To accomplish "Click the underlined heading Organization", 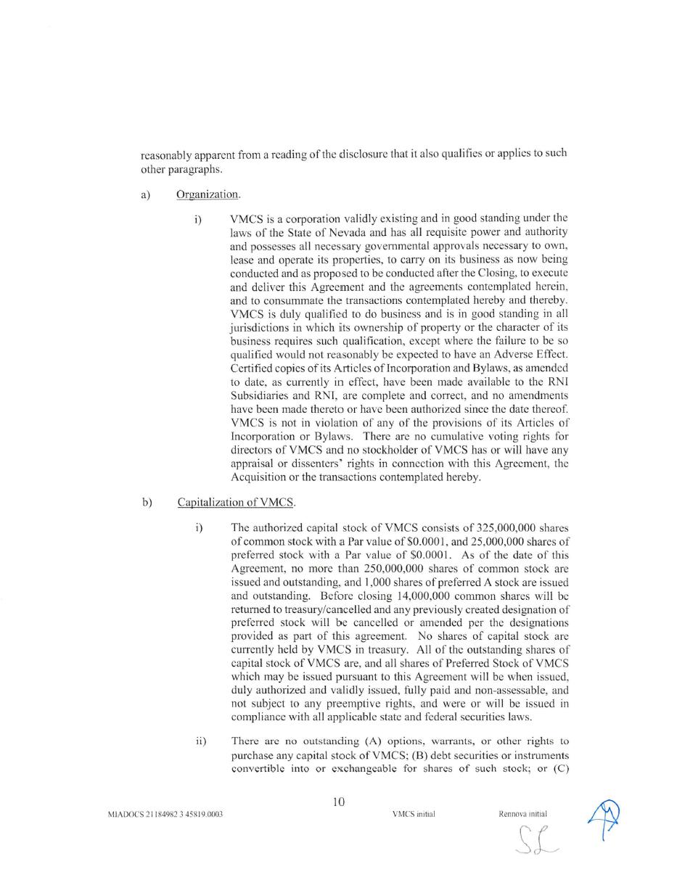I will (x=208, y=194).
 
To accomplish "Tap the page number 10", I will (x=338, y=802).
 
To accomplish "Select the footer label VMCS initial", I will (x=414, y=814).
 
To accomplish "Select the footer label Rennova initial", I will (x=522, y=814).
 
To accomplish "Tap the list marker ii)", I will (x=201, y=741).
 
